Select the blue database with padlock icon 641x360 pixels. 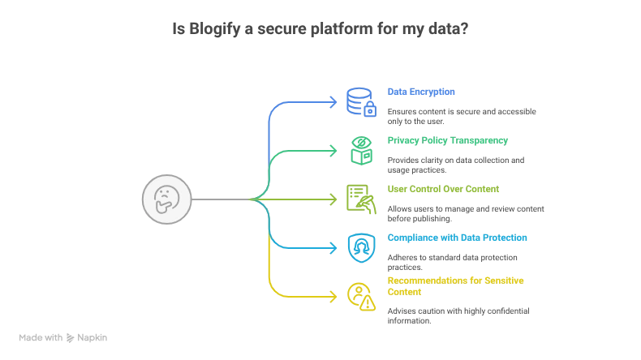(x=359, y=102)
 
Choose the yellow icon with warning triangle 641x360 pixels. (x=359, y=296)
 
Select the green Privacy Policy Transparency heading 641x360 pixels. (x=447, y=141)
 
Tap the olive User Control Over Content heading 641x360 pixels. (x=441, y=189)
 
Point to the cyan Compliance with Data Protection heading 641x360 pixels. (x=457, y=238)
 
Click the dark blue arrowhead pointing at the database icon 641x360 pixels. (x=332, y=102)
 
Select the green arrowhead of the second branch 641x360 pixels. (x=332, y=151)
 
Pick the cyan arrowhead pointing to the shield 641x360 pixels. (x=332, y=247)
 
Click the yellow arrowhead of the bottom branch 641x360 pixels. (x=332, y=296)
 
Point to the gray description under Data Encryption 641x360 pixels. (x=460, y=116)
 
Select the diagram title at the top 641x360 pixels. (x=320, y=30)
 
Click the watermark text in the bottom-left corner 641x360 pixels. (x=65, y=336)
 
